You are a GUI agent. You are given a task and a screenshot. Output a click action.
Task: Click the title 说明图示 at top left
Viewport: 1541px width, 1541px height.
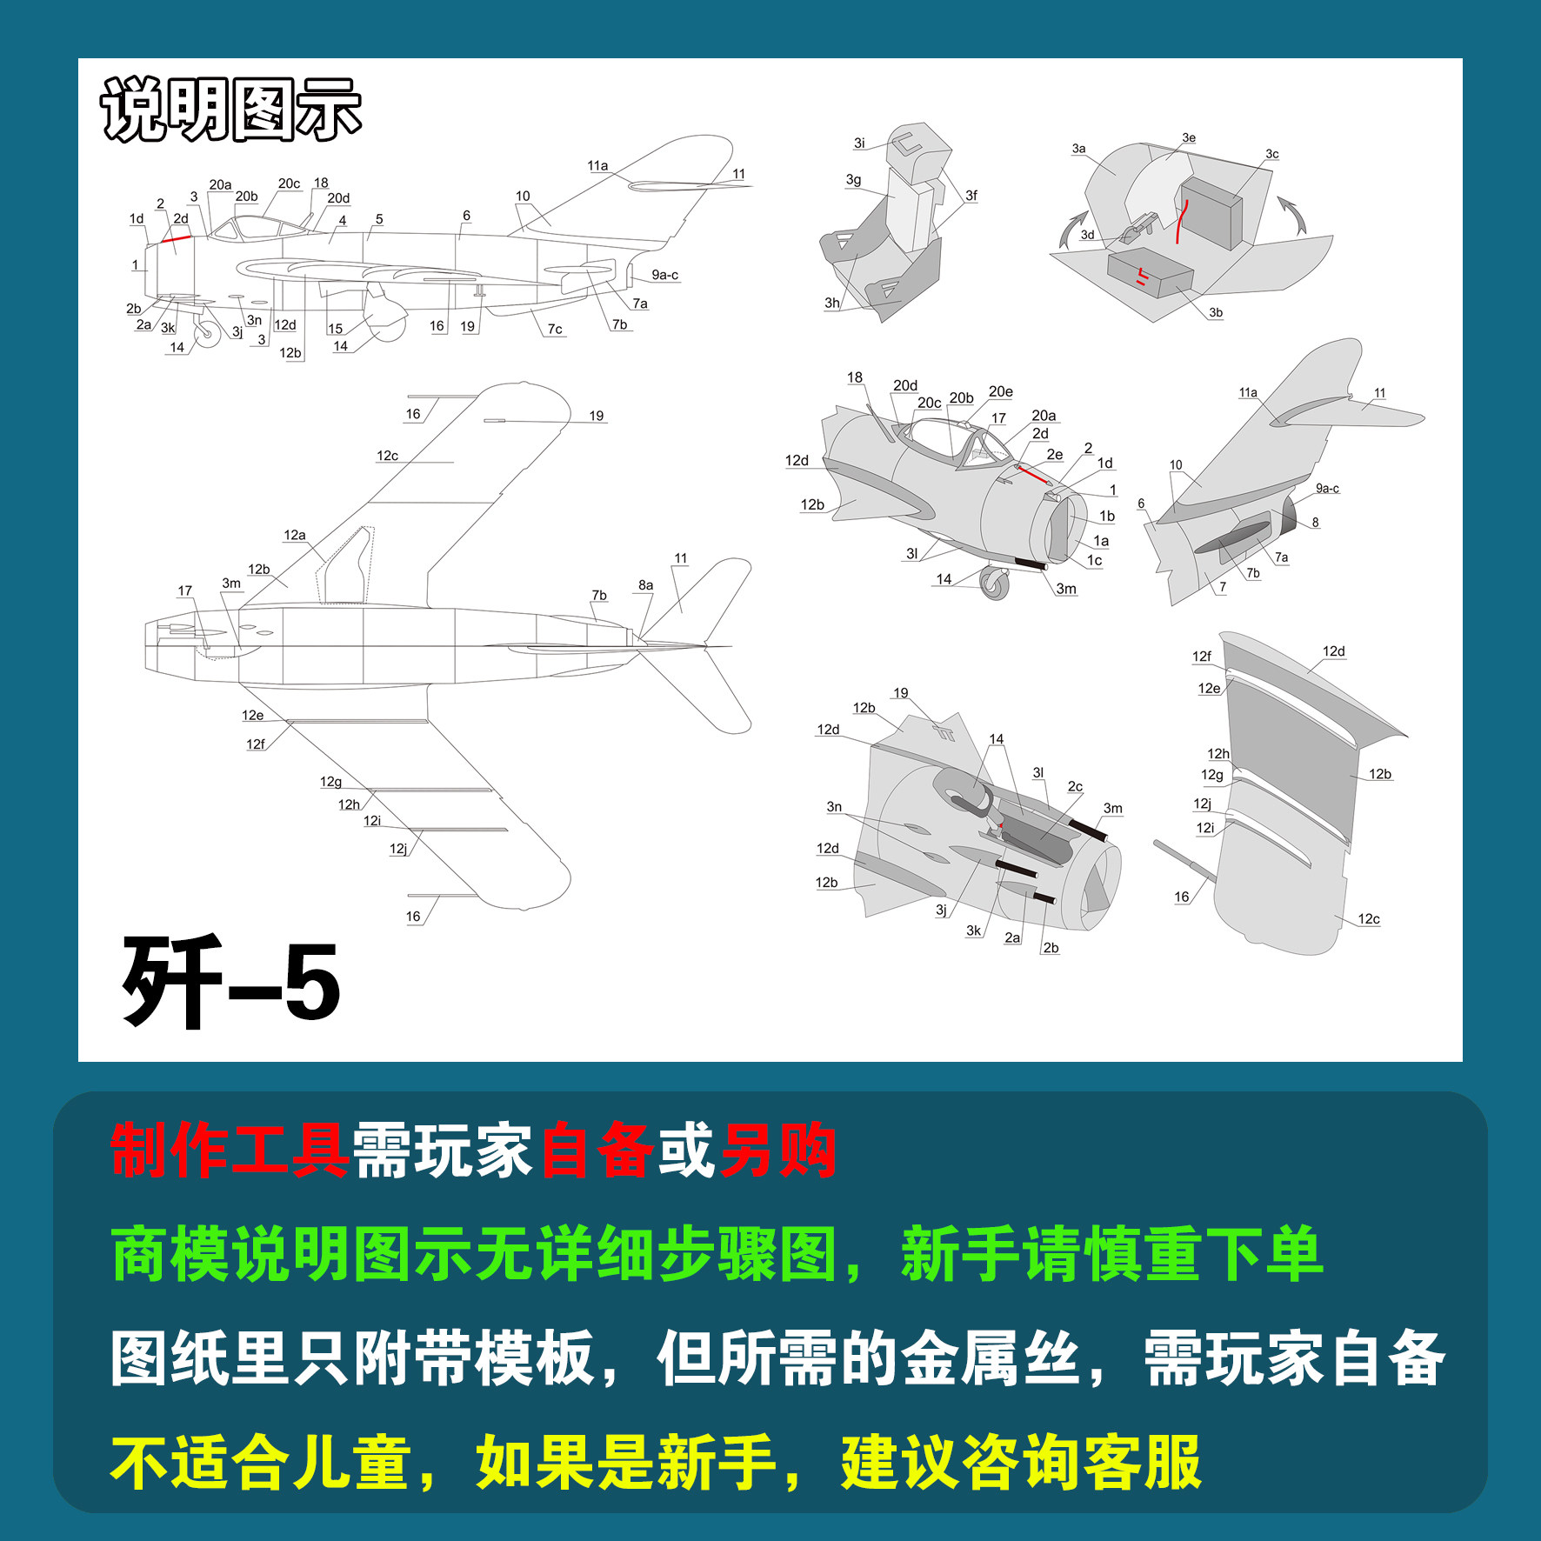click(230, 110)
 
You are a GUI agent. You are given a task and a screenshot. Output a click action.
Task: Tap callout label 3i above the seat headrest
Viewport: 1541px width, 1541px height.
click(859, 143)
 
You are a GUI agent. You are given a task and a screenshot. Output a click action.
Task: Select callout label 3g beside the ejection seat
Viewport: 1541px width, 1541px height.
click(853, 180)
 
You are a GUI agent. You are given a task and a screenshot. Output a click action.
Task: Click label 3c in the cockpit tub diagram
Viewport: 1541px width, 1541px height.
click(1271, 155)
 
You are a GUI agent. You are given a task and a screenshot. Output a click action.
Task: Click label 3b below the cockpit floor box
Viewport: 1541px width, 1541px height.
click(1215, 313)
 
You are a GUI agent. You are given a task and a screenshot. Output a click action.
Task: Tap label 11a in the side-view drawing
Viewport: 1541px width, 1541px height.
click(597, 166)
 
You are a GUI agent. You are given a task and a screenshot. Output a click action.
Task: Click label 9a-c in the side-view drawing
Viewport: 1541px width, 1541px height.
click(664, 275)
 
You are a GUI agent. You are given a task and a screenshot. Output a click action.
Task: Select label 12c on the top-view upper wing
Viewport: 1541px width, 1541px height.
click(387, 456)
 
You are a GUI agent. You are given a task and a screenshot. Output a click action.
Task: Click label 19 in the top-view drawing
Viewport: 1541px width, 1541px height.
click(596, 416)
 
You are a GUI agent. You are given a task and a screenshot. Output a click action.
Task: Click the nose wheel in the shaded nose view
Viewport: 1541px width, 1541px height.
click(994, 583)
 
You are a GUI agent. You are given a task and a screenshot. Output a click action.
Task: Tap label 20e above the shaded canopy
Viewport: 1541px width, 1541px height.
click(1000, 392)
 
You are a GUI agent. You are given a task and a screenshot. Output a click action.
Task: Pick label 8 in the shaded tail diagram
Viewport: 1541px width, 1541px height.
click(1315, 523)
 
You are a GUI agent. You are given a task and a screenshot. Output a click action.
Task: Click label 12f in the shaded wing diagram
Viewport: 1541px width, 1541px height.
click(1201, 657)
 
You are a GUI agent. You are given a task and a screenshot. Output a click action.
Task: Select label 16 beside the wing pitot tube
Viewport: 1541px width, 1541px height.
click(1181, 897)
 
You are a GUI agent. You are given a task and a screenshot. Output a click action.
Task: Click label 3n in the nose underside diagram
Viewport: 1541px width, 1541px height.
click(833, 807)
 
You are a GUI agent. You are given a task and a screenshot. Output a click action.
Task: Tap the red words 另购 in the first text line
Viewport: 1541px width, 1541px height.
click(778, 1151)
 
